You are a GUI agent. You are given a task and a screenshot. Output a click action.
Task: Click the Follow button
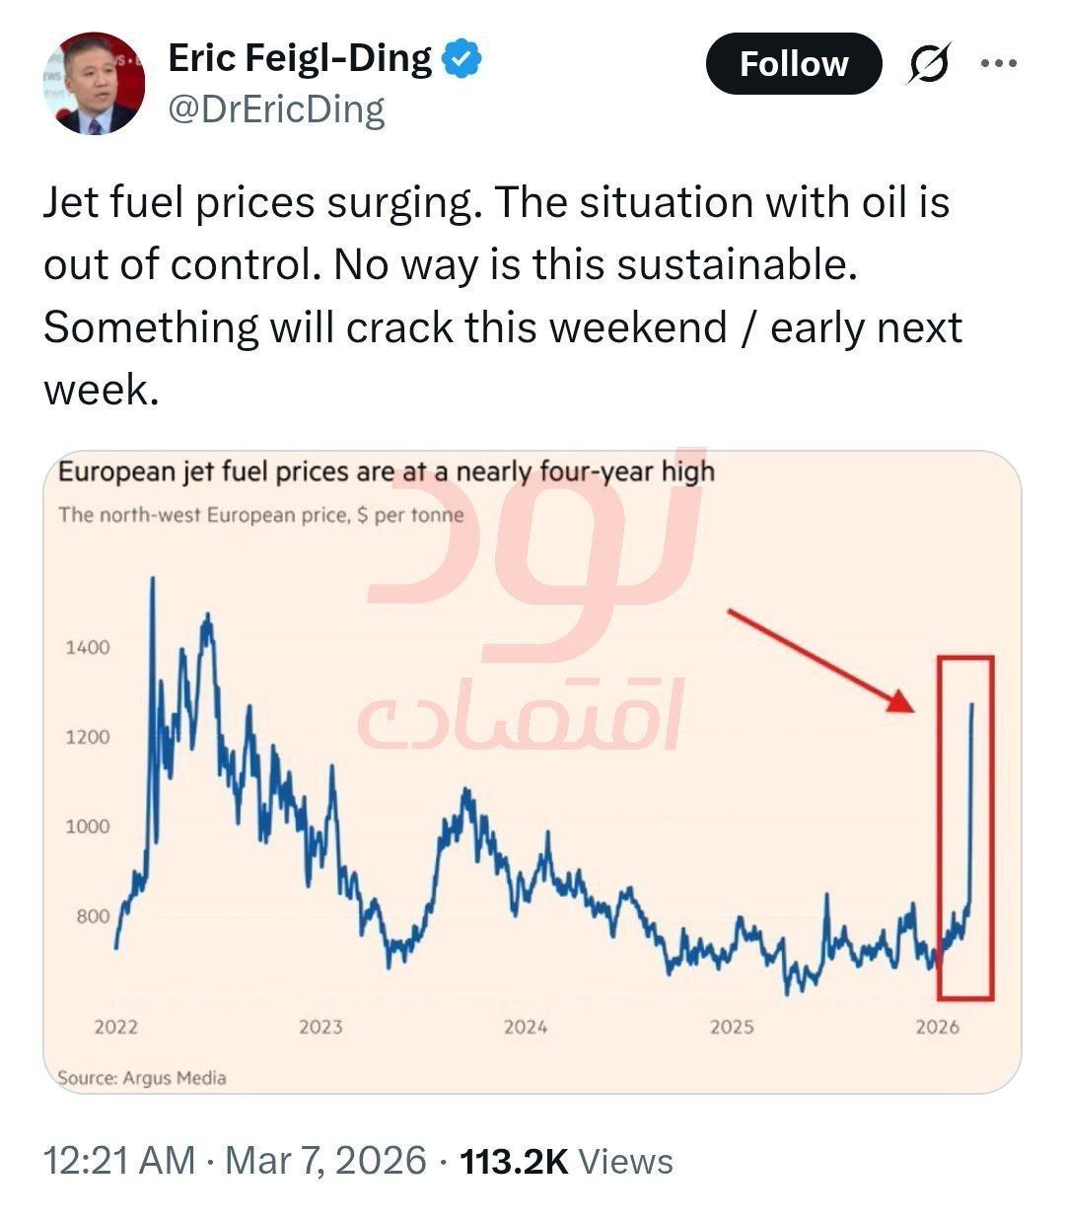pyautogui.click(x=793, y=64)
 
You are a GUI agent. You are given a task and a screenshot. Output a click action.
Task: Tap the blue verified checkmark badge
pyautogui.click(x=461, y=59)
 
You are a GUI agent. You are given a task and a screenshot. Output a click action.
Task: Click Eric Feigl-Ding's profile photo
pyautogui.click(x=94, y=84)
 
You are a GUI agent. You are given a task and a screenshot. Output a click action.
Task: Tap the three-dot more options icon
pyautogui.click(x=998, y=64)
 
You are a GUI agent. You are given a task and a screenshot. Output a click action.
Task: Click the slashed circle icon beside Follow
pyautogui.click(x=928, y=65)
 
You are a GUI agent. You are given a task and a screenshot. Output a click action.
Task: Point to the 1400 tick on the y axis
pyautogui.click(x=88, y=647)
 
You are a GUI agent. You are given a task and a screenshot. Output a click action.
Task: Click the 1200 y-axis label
pyautogui.click(x=88, y=737)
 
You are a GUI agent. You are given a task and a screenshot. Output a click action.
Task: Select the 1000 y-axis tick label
pyautogui.click(x=88, y=827)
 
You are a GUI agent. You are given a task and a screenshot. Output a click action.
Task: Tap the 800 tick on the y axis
pyautogui.click(x=93, y=916)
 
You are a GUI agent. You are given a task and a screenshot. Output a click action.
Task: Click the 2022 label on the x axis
pyautogui.click(x=116, y=1027)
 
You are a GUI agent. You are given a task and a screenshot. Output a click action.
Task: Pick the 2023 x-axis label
pyautogui.click(x=320, y=1027)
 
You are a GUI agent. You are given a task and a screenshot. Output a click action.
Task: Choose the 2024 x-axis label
pyautogui.click(x=526, y=1027)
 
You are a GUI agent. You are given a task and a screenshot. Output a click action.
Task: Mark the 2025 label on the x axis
pyautogui.click(x=732, y=1027)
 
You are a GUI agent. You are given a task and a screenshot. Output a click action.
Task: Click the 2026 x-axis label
pyautogui.click(x=937, y=1027)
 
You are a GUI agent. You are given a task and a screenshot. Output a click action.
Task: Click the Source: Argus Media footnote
pyautogui.click(x=142, y=1078)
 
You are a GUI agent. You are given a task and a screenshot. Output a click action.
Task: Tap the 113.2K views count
pyautogui.click(x=515, y=1161)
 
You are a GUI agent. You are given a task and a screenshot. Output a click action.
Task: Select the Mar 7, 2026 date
pyautogui.click(x=325, y=1161)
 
